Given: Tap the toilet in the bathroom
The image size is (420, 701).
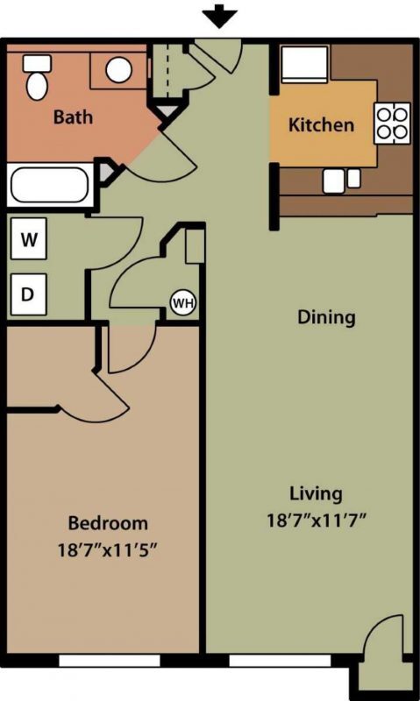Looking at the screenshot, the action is point(37,77).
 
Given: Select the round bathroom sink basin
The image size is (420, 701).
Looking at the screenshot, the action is point(119,70).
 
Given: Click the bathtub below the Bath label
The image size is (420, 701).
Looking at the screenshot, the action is point(50,185).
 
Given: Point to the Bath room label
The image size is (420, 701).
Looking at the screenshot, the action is point(73,117).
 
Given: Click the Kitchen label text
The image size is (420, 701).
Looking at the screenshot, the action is point(321,124).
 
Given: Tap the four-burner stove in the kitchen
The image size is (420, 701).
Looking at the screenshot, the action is point(392,123).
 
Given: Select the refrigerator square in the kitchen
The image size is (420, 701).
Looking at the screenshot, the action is point(304,64).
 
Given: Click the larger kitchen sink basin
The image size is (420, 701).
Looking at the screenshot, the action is point(334,181).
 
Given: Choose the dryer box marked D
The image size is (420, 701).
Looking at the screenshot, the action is point(29,294).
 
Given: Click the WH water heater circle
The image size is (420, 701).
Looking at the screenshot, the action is point(183,303).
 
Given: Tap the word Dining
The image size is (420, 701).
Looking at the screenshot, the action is point(326,317).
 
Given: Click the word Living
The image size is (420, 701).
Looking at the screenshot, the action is point(317,494).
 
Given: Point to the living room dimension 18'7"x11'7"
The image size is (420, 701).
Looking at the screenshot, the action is point(317,520).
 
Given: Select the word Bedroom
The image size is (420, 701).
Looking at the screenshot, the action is point(108,523).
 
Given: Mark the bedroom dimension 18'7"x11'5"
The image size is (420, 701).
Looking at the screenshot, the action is point(108,550).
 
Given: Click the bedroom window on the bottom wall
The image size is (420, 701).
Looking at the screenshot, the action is point(110,661).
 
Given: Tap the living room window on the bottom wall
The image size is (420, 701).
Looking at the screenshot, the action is point(281,661).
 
